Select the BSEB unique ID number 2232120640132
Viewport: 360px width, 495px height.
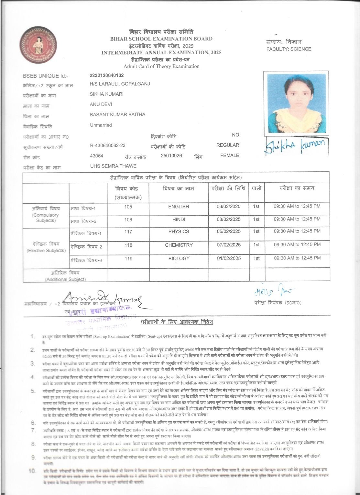tap(107, 75)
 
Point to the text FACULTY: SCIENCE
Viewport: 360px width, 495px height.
tap(289, 49)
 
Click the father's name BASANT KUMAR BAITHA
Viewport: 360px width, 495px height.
tap(117, 114)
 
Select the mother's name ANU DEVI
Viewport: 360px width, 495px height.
tap(101, 104)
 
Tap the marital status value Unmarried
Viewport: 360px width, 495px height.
tap(101, 125)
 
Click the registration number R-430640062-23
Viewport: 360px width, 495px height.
tap(108, 145)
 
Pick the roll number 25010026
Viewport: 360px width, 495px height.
tap(171, 156)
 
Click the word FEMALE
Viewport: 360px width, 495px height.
tap(230, 156)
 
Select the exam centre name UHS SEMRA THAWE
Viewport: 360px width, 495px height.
tap(113, 166)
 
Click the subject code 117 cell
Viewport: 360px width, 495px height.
tap(128, 231)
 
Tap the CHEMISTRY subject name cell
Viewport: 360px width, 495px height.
tap(179, 245)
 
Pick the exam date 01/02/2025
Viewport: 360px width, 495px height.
tap(229, 258)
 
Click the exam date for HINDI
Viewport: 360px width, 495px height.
tap(229, 219)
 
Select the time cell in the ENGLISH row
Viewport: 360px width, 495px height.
tap(297, 206)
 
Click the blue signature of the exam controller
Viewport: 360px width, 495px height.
tap(273, 292)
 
